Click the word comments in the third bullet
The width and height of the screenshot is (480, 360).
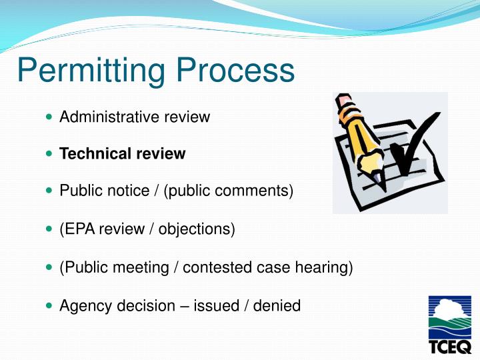(255, 191)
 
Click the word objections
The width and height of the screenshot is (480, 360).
(198, 230)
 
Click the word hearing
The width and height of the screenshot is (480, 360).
(325, 268)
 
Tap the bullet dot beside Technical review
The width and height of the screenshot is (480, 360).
(49, 154)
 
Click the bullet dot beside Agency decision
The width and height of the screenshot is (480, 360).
(49, 306)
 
